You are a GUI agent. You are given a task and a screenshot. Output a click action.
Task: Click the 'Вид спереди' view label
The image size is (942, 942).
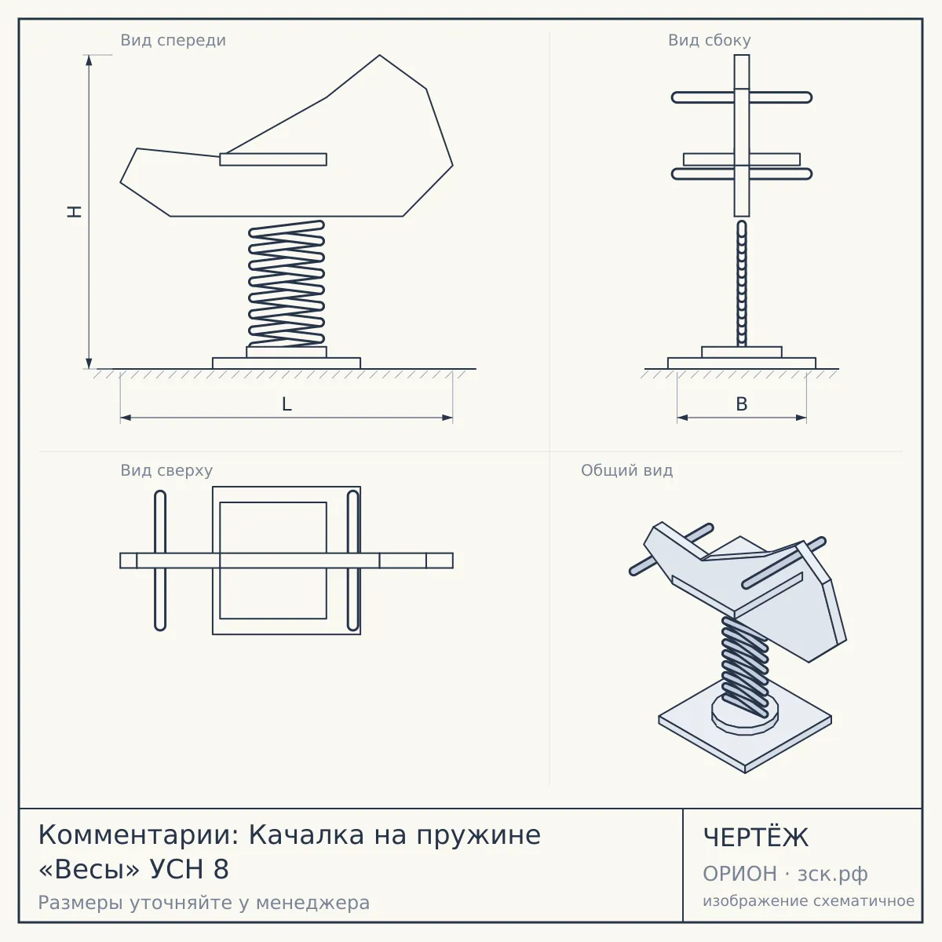[173, 40]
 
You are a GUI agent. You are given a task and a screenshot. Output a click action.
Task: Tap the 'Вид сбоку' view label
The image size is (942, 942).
[710, 40]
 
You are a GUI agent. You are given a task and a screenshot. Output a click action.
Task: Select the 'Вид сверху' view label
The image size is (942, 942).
[166, 470]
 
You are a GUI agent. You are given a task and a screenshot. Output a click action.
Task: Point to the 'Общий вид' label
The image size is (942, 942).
[626, 470]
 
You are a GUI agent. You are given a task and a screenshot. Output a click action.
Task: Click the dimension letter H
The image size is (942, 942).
[75, 212]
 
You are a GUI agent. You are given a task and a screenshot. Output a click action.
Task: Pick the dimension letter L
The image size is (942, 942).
[287, 404]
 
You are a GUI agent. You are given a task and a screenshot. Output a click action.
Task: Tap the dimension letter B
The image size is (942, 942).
[742, 404]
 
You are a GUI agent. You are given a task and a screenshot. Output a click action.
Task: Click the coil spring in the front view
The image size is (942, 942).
[287, 283]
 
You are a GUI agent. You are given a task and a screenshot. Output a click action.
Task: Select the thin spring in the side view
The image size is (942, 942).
[742, 283]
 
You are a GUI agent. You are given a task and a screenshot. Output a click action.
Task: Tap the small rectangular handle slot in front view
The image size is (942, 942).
[273, 159]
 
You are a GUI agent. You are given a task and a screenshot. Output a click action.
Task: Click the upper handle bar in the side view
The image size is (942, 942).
[742, 97]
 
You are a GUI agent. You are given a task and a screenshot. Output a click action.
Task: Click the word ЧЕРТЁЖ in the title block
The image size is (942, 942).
[756, 838]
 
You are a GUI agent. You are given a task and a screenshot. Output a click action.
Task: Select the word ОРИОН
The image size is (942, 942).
[739, 874]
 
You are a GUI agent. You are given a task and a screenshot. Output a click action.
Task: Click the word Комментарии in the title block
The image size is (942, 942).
[138, 835]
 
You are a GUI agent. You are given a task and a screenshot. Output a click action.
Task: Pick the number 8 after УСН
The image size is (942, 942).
[221, 869]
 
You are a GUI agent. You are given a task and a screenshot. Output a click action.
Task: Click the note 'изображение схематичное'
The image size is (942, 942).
[809, 901]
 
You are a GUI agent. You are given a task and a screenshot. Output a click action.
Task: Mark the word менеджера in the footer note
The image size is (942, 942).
[313, 903]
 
